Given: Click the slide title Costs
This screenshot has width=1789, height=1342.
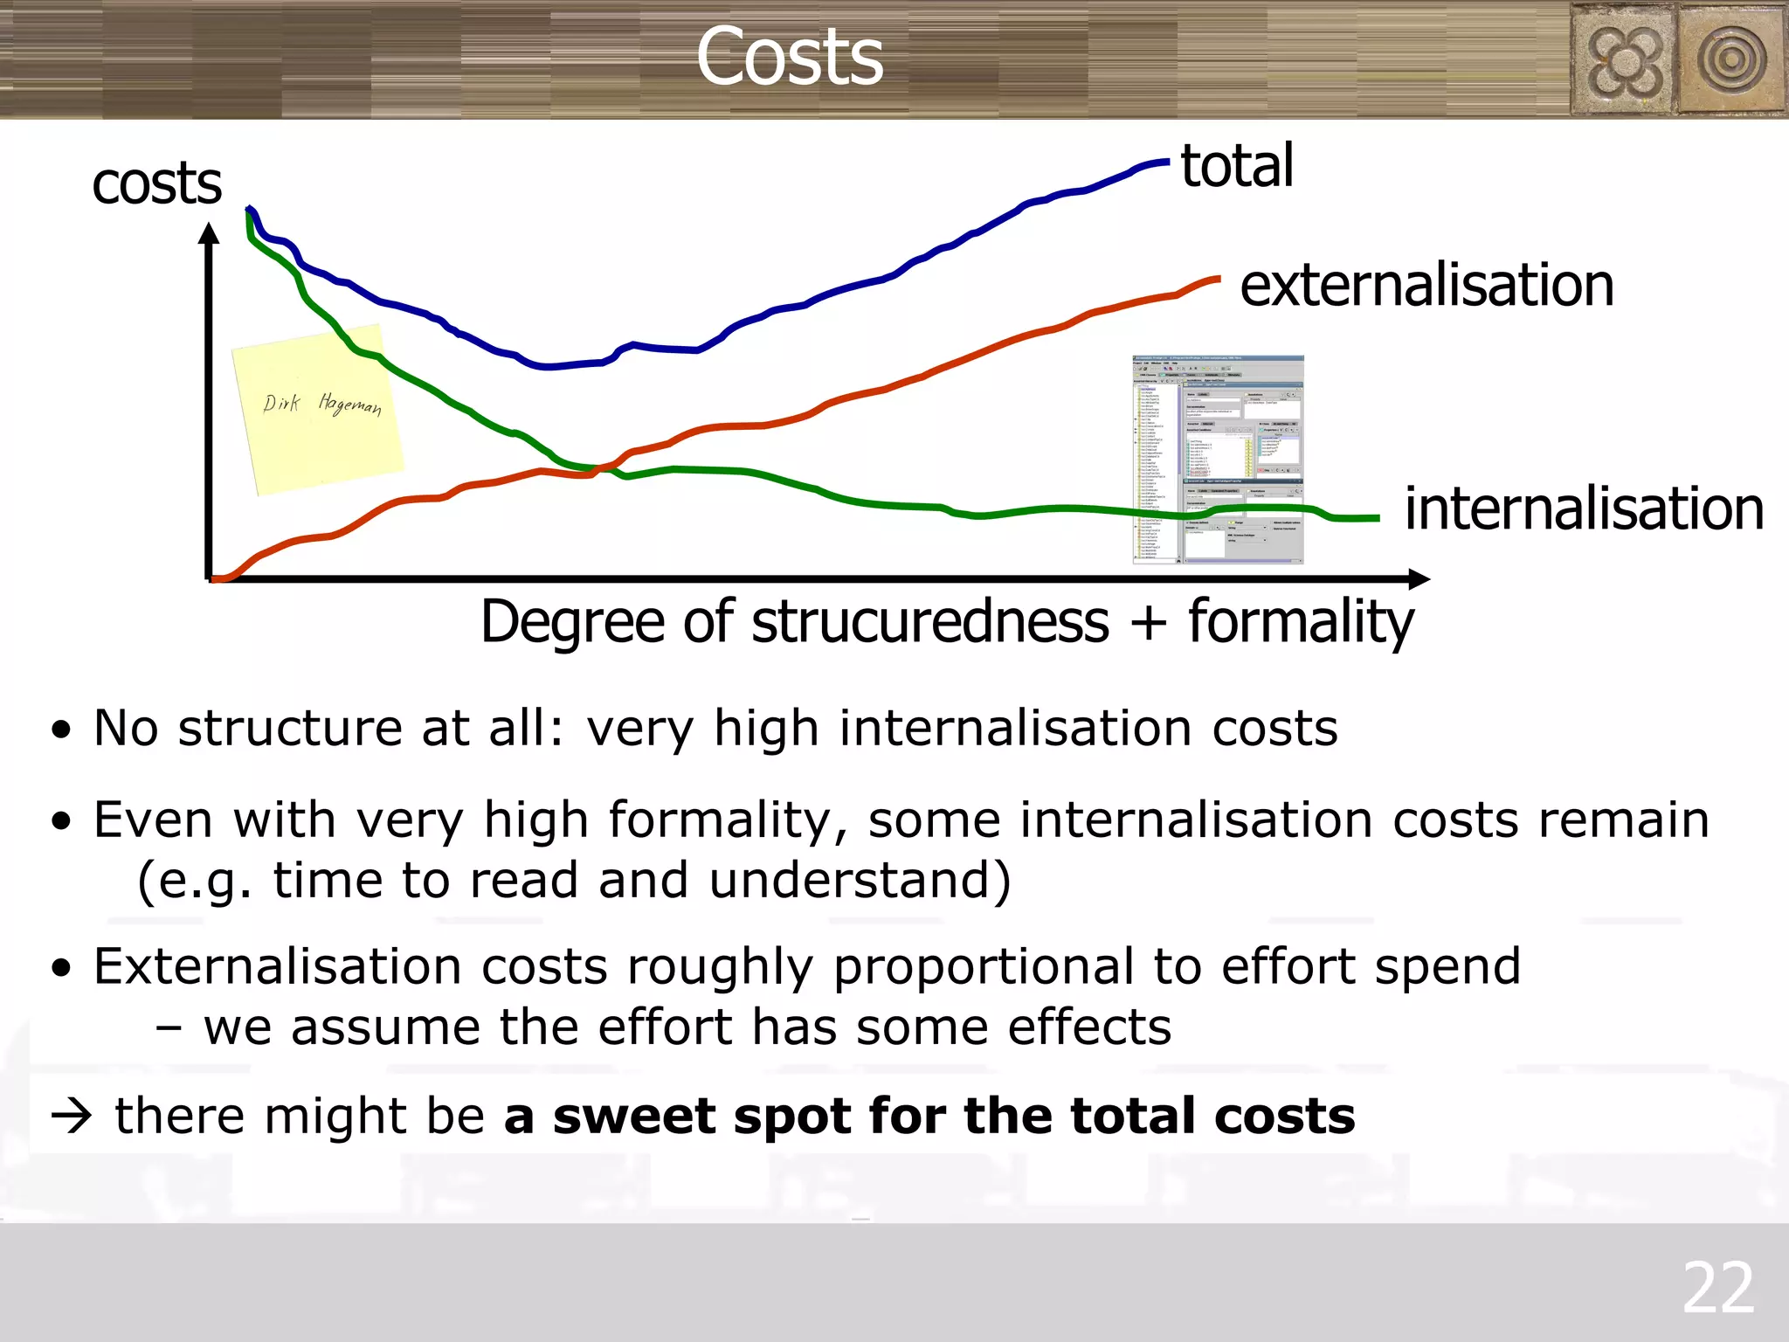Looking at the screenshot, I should [x=790, y=57].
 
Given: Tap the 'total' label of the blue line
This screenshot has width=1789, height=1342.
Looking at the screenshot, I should [x=1237, y=166].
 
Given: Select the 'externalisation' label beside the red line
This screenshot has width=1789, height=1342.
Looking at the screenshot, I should [x=1426, y=286].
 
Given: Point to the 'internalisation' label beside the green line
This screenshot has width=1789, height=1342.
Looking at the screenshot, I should [x=1584, y=509].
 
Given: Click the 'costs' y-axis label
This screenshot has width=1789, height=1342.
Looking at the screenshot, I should [x=157, y=184].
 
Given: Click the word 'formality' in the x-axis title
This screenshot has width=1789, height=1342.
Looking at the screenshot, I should [x=1301, y=623].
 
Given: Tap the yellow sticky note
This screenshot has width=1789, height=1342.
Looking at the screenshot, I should [x=317, y=408].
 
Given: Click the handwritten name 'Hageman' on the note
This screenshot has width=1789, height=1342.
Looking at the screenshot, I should [x=349, y=404].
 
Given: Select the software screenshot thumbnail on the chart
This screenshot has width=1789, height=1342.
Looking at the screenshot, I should [x=1218, y=460].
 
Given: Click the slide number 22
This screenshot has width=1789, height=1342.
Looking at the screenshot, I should [x=1717, y=1288].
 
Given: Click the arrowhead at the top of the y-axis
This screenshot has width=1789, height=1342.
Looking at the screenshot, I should [x=209, y=234].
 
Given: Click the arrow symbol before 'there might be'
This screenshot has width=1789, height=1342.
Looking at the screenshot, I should [x=72, y=1117].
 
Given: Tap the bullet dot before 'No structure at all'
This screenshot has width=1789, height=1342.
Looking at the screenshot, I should [x=60, y=730].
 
